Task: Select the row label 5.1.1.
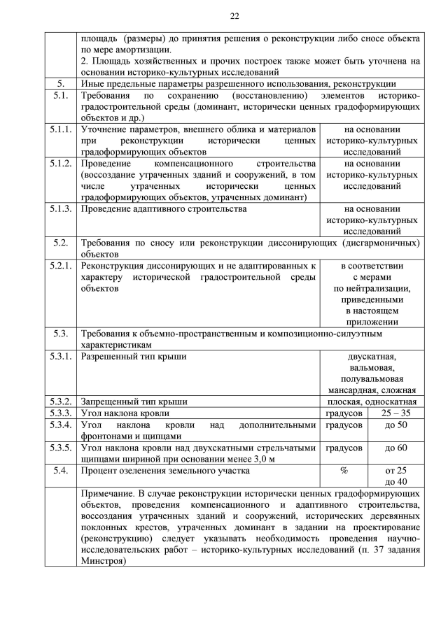61,129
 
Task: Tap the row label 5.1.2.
61,164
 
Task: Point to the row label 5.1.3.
61,208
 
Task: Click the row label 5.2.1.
61,266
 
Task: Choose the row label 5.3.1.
61,357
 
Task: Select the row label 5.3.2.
61,402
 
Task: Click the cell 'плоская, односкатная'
372,402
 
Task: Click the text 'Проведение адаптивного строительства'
164,208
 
